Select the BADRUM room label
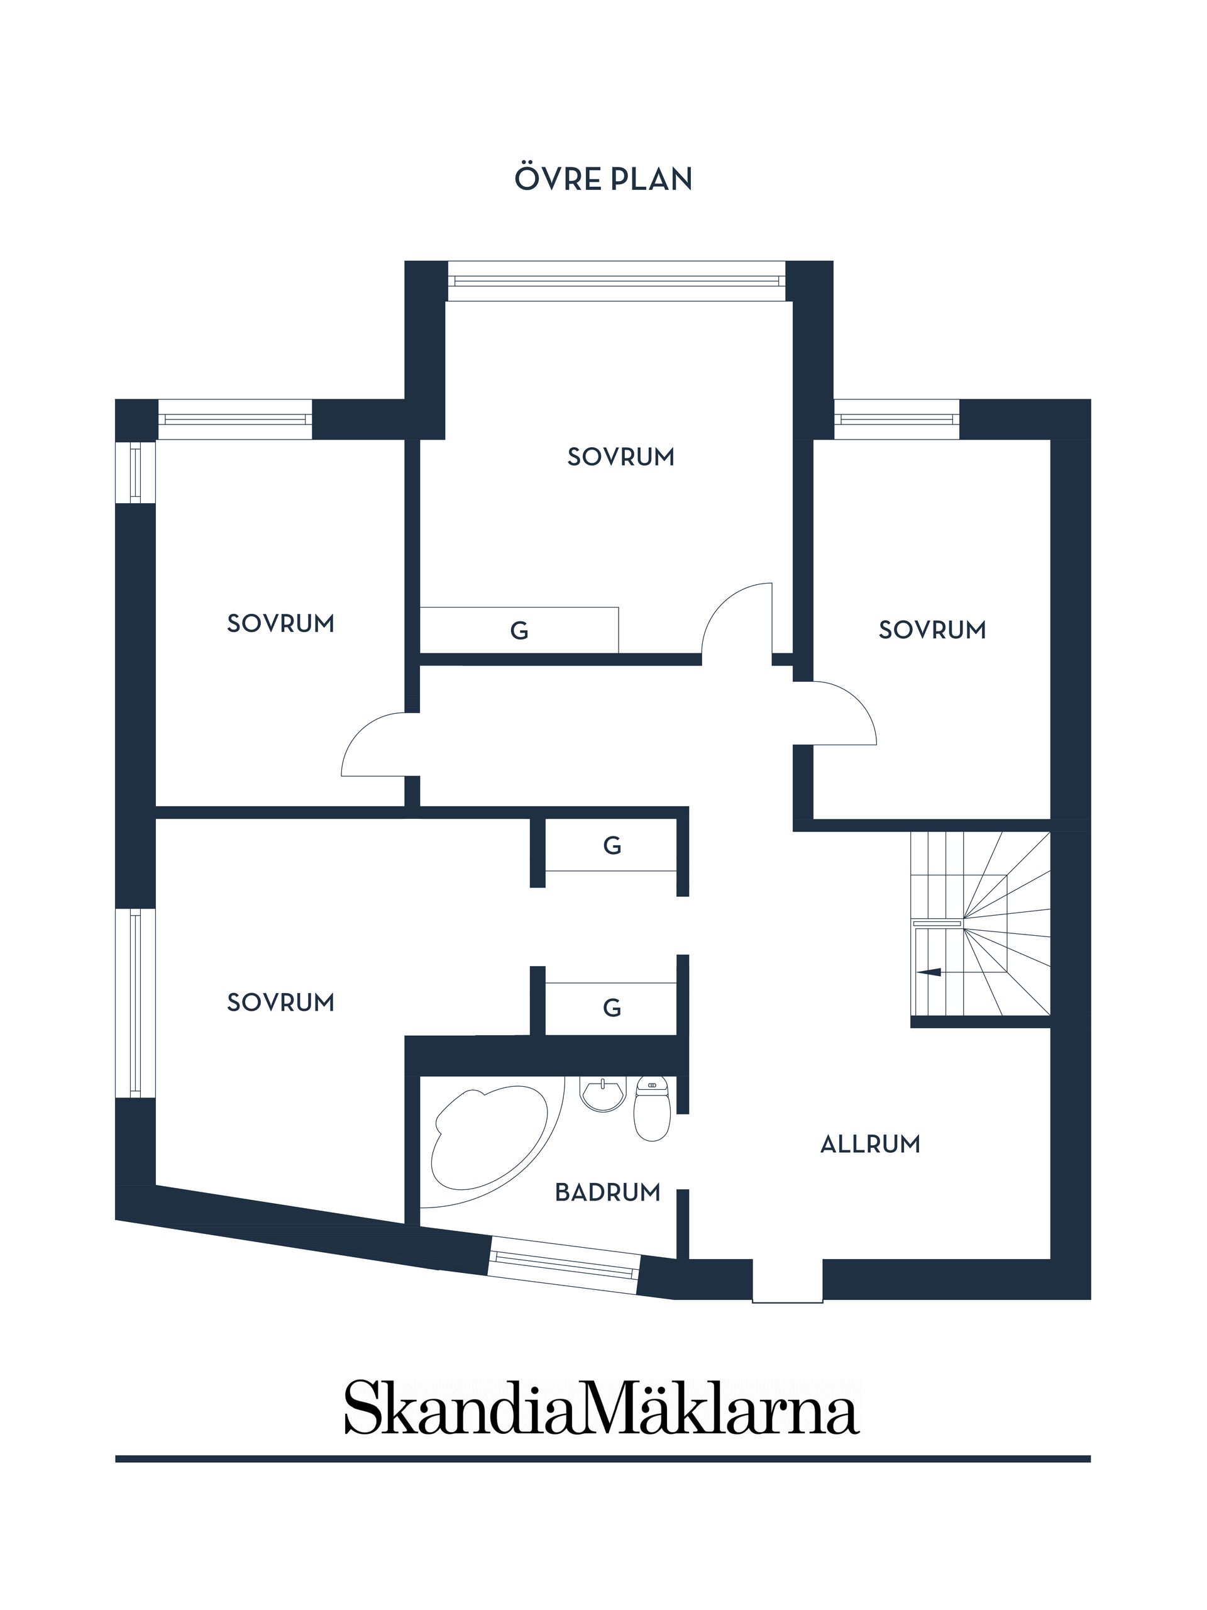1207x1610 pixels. [x=607, y=1192]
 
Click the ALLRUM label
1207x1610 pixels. [x=870, y=1145]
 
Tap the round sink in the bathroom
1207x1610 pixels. [x=602, y=1094]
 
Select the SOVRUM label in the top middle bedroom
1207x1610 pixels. [x=620, y=457]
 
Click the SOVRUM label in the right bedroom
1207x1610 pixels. [x=932, y=630]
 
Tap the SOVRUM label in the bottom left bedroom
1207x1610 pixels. [x=281, y=1002]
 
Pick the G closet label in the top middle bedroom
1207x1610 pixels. [x=519, y=630]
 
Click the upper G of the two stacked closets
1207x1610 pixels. [x=612, y=845]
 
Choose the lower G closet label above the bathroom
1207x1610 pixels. [x=612, y=1008]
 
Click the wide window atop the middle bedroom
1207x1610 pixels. [x=616, y=281]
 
